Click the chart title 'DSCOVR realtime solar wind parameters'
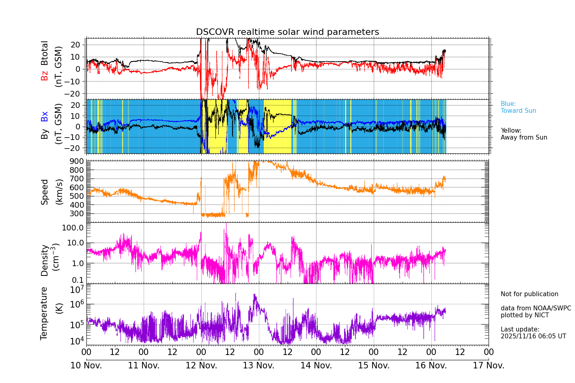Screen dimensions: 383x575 point(287,32)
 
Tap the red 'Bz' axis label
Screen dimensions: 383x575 point(44,75)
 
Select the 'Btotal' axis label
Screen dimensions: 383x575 point(44,53)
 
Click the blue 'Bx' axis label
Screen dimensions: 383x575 point(44,116)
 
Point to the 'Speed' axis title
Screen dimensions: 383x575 point(44,192)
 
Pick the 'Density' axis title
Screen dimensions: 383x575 point(44,260)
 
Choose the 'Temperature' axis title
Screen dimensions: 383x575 point(44,313)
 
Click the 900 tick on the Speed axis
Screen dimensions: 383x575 point(76,161)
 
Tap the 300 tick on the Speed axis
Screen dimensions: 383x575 point(76,213)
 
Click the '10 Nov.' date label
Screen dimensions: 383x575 point(86,366)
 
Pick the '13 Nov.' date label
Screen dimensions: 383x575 point(258,366)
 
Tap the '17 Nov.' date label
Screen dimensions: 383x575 point(489,366)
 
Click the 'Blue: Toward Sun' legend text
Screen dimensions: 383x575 point(518,108)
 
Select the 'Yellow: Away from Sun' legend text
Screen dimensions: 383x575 point(523,134)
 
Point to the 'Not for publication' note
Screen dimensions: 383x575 point(529,294)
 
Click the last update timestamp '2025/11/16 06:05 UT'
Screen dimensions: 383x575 point(533,336)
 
